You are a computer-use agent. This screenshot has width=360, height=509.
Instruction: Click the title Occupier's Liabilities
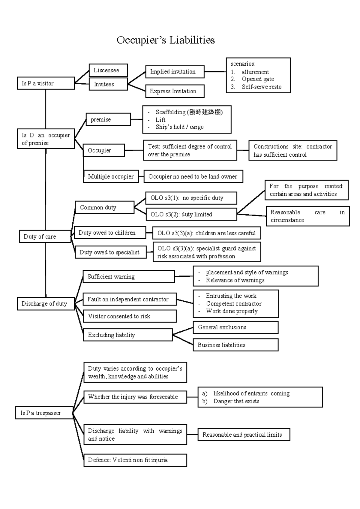pyautogui.click(x=166, y=40)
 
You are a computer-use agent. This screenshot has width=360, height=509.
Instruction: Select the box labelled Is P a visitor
pyautogui.click(x=46, y=83)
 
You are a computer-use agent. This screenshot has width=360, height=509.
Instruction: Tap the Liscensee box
pyautogui.click(x=108, y=70)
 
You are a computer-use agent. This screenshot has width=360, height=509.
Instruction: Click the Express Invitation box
pyautogui.click(x=175, y=91)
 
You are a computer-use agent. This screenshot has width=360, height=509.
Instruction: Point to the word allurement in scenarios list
pyautogui.click(x=255, y=72)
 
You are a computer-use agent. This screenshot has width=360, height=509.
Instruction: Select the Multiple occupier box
pyautogui.click(x=111, y=176)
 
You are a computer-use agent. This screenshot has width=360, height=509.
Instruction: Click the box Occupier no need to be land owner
pyautogui.click(x=193, y=176)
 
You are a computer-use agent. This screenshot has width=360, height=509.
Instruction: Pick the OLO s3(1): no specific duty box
pyautogui.click(x=191, y=198)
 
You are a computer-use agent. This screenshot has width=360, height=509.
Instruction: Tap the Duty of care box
pyautogui.click(x=45, y=236)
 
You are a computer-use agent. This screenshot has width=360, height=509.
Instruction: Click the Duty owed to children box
pyautogui.click(x=110, y=233)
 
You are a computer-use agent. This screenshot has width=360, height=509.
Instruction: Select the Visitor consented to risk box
pyautogui.click(x=130, y=316)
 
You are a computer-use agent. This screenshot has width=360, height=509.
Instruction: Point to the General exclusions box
pyautogui.click(x=235, y=327)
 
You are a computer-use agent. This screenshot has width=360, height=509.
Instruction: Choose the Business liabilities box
pyautogui.click(x=235, y=345)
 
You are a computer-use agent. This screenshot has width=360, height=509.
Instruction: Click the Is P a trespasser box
pyautogui.click(x=44, y=413)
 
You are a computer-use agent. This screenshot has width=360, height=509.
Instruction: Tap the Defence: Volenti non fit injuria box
pyautogui.click(x=135, y=460)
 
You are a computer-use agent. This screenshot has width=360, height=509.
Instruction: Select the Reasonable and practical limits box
pyautogui.click(x=244, y=435)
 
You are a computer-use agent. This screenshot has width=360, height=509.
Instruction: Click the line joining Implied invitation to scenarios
pyautogui.click(x=215, y=72)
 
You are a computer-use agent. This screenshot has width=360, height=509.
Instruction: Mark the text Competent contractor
pyautogui.click(x=234, y=304)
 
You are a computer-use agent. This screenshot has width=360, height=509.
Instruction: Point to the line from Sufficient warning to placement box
pyautogui.click(x=184, y=276)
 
